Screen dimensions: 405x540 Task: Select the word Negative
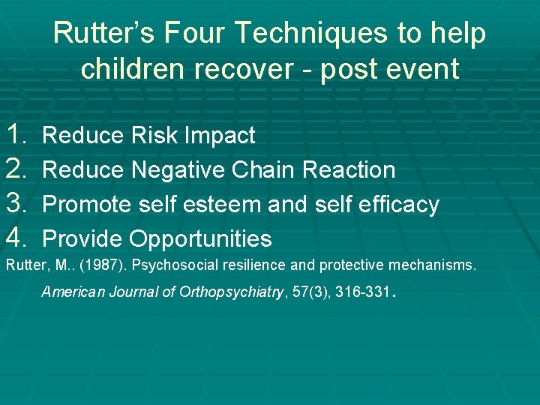(x=178, y=171)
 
